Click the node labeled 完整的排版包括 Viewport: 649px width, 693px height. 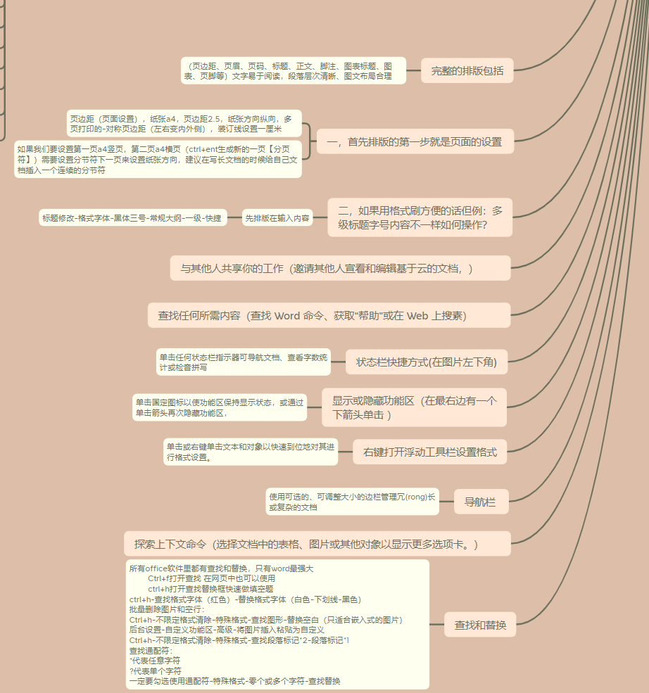(467, 70)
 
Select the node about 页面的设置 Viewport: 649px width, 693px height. (415, 141)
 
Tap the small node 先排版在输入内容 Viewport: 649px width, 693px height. (277, 218)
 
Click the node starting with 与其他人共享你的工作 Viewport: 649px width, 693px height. (340, 268)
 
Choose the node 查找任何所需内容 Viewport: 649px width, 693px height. (329, 315)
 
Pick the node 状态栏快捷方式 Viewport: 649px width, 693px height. (427, 362)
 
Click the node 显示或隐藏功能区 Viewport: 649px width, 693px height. (414, 407)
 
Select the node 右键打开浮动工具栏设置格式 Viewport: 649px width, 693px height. (429, 452)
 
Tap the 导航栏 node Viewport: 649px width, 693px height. (481, 502)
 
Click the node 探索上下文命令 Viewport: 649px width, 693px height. (317, 544)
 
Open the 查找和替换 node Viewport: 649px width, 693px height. (480, 624)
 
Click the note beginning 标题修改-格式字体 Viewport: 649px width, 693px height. (132, 218)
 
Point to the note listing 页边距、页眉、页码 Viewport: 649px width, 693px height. (293, 70)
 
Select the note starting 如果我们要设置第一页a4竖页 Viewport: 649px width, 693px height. (158, 160)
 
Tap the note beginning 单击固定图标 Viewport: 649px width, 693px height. (220, 407)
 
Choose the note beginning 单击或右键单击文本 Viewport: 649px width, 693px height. (251, 452)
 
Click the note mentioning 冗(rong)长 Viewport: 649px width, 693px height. (351, 502)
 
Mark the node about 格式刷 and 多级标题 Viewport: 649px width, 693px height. (420, 217)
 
